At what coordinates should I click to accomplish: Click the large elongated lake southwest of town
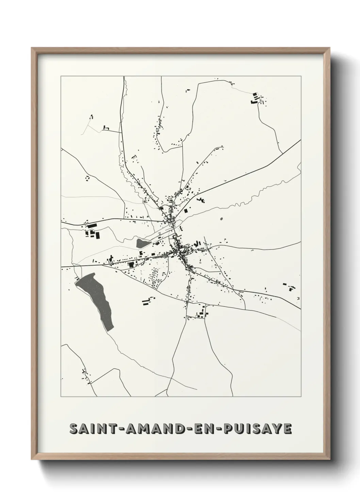(95, 300)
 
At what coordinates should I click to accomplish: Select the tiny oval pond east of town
(222, 219)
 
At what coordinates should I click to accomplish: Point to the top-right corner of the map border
(301, 77)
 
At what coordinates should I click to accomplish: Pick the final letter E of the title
(288, 429)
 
